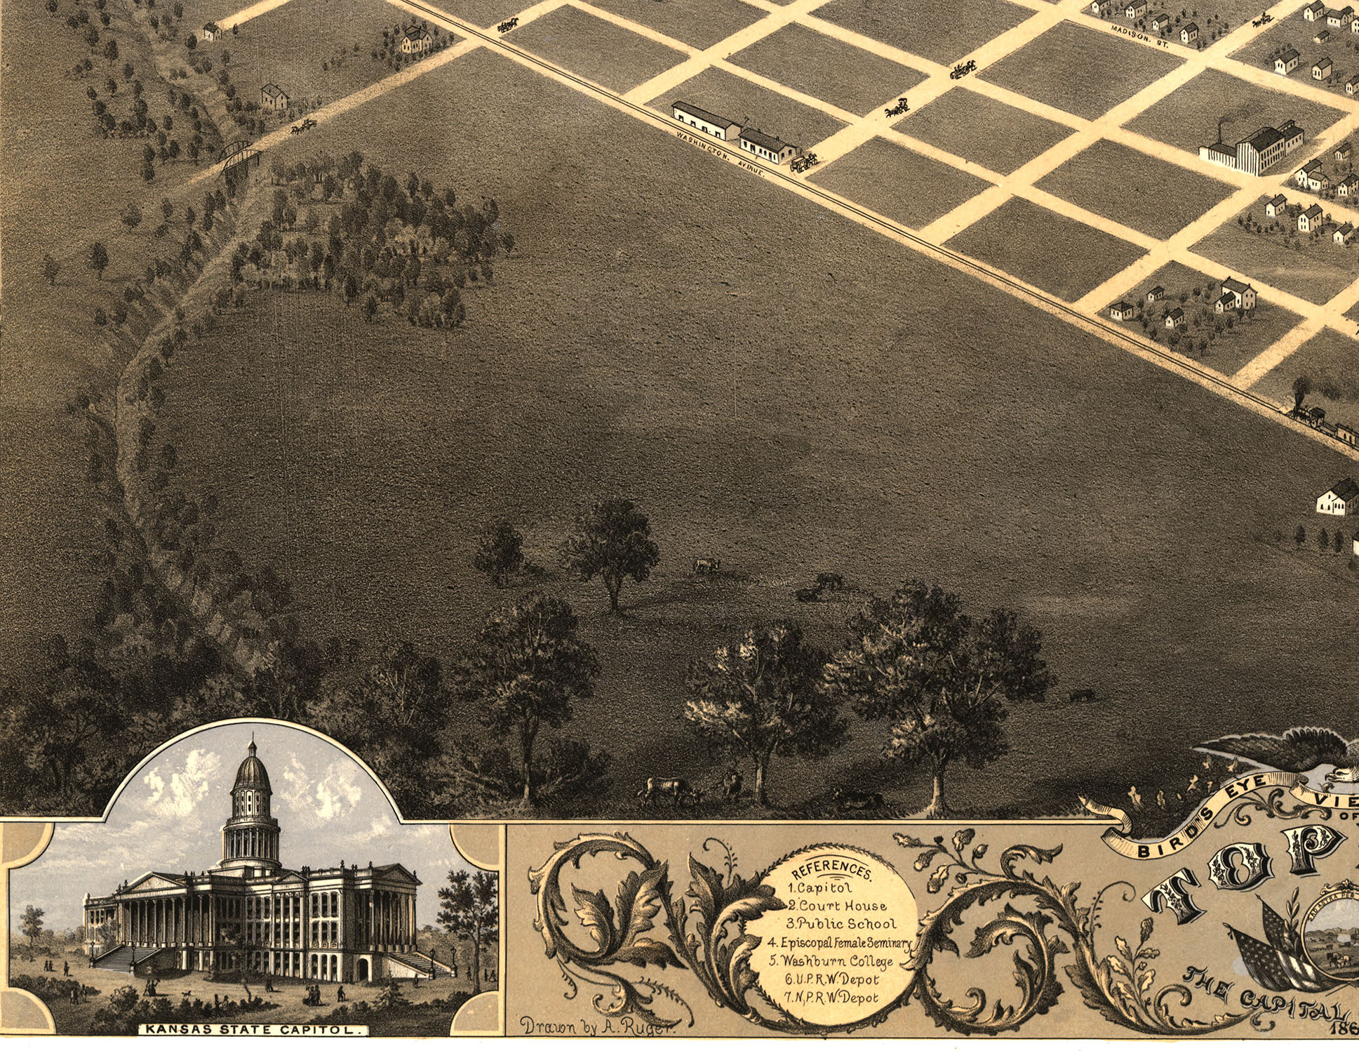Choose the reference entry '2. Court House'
836,906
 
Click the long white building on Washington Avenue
705,121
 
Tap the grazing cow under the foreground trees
667,789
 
